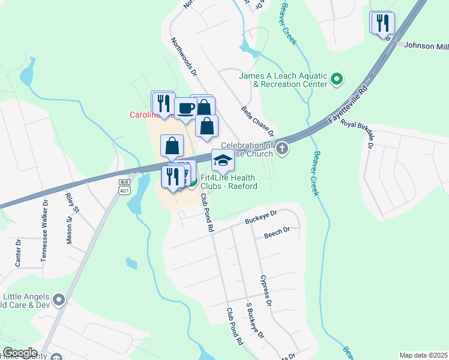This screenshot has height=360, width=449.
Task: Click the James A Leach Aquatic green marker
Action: pos(337,79)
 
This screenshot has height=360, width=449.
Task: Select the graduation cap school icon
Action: pos(223,161)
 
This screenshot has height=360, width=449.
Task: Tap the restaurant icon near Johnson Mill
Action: pos(382,23)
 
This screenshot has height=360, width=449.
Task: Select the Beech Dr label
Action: pos(278,230)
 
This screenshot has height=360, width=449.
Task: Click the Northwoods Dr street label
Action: pos(184,58)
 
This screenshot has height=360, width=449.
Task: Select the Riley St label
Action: pos(73,203)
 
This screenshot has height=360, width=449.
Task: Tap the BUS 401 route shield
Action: pos(125,187)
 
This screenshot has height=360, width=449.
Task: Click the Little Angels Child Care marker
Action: pos(59,299)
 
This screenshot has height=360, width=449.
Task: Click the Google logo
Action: pos(20,353)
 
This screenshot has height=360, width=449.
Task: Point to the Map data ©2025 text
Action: pos(423,355)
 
